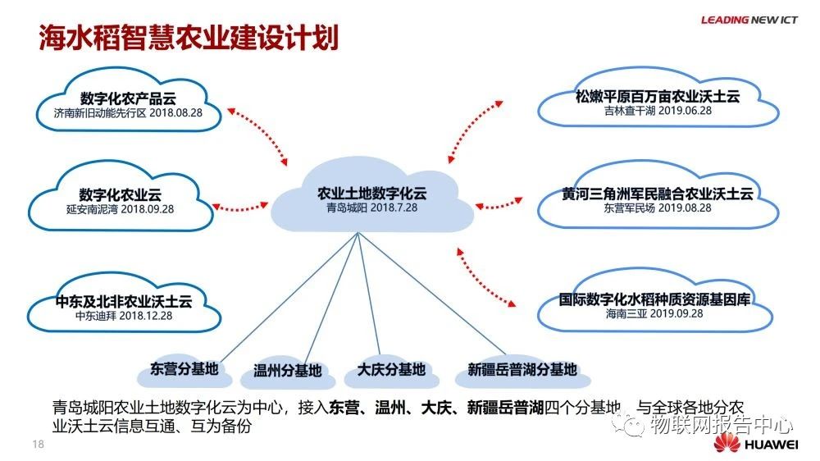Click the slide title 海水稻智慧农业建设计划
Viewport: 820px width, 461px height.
tap(189, 37)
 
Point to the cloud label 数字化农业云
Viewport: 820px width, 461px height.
tap(121, 194)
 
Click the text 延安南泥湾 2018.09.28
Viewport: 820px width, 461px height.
tap(121, 209)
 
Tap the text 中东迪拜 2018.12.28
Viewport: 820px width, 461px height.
tap(121, 316)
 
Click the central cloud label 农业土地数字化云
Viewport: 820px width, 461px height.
tap(372, 194)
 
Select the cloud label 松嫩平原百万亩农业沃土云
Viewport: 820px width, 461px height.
tap(658, 96)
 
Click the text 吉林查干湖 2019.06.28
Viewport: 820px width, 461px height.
tap(658, 111)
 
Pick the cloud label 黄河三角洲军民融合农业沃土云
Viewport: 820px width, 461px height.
tap(658, 194)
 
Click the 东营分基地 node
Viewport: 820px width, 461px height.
tap(184, 369)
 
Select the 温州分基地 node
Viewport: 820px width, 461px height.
tap(288, 371)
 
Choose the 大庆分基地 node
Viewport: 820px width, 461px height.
tap(391, 369)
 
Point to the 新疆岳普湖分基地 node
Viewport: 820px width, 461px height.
tap(522, 369)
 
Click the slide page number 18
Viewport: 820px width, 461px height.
tap(37, 444)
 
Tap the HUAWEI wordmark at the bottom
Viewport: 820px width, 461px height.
tap(771, 445)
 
